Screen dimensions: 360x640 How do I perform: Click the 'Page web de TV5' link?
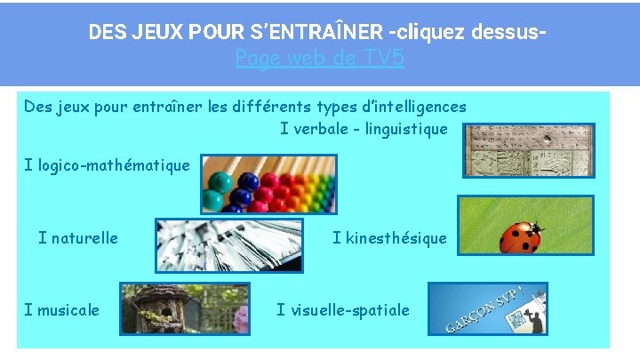[320, 59]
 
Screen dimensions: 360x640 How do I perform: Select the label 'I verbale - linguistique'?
[364, 129]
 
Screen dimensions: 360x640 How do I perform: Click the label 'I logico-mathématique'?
[107, 164]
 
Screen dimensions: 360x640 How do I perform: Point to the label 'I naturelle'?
[78, 237]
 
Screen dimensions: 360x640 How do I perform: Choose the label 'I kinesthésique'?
[389, 237]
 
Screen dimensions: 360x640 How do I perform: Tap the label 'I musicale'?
[62, 309]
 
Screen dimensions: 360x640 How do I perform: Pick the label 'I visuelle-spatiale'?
[343, 309]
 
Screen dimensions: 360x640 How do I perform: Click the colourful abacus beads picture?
[268, 183]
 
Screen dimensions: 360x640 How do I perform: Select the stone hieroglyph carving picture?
[530, 149]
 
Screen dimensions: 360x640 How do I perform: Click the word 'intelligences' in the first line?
[419, 107]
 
